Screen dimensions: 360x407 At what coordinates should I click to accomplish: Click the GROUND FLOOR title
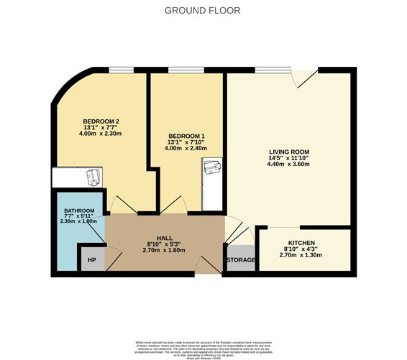pyautogui.click(x=203, y=11)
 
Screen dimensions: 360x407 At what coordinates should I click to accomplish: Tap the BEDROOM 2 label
pyautogui.click(x=101, y=121)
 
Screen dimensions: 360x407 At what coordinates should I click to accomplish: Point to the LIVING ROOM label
pyautogui.click(x=288, y=152)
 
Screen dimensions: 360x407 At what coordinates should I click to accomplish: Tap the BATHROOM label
pyautogui.click(x=79, y=210)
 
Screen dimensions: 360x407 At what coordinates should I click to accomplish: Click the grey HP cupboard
pyautogui.click(x=92, y=260)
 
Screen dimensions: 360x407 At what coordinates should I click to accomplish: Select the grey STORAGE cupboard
pyautogui.click(x=241, y=260)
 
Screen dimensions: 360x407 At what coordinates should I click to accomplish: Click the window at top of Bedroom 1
pyautogui.click(x=180, y=70)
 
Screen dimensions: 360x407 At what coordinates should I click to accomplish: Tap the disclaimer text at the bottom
pyautogui.click(x=203, y=346)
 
